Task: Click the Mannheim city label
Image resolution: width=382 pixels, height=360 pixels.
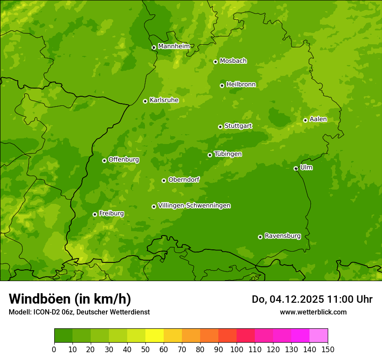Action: point(174,46)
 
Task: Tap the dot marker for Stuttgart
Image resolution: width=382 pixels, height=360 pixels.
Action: point(220,127)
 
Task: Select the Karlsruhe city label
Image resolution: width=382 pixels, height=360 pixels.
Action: point(164,100)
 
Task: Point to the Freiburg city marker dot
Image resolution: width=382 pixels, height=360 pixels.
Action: point(95,214)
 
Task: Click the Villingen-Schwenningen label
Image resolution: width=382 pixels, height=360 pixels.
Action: point(194,206)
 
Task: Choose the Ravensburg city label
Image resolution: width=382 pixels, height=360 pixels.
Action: point(282,236)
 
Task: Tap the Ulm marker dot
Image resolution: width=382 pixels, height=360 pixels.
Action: point(296,168)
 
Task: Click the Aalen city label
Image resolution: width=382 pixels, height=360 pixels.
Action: point(318,119)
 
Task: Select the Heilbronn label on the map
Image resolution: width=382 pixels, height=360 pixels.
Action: point(241,85)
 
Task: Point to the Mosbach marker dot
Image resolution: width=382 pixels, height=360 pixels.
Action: point(215,62)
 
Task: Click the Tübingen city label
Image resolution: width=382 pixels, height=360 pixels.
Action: point(228,154)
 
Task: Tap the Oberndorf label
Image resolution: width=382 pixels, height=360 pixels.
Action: point(184,180)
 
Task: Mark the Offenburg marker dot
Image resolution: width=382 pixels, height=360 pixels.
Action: point(104,160)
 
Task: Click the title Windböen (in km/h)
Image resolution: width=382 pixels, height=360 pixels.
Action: point(69,299)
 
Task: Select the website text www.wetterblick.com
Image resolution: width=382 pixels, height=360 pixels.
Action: point(313,312)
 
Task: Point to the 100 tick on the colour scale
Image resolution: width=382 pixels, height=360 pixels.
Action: point(237,349)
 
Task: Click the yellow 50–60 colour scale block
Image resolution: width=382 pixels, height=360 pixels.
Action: point(155,336)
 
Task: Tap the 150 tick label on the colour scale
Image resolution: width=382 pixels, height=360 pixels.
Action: point(327,349)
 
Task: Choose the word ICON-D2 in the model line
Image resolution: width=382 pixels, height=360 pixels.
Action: point(45,312)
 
